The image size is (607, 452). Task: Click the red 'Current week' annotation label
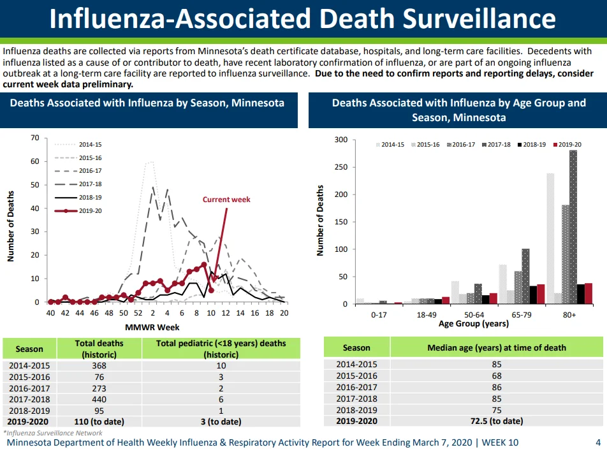(226, 200)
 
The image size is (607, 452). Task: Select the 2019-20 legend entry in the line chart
(78, 211)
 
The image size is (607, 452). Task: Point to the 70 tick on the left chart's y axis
(35, 138)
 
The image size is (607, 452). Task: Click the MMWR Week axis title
(152, 328)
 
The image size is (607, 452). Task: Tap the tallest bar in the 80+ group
(573, 227)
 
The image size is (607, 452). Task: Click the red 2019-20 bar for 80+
(589, 294)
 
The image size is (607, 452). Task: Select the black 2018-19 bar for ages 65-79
(533, 295)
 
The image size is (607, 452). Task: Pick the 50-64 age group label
(474, 315)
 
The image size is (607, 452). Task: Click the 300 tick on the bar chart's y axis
(341, 140)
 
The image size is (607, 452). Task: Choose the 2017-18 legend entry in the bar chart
(496, 144)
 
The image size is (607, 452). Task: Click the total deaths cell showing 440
(99, 399)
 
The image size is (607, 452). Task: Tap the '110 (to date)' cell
(99, 422)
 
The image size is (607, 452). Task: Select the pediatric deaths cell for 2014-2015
(221, 366)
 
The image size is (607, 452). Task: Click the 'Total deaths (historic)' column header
(99, 349)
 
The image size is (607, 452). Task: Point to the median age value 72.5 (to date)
(497, 421)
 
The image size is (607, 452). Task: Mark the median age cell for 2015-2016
(497, 375)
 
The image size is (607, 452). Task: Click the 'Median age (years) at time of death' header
(497, 347)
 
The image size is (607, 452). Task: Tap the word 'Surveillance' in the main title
(479, 18)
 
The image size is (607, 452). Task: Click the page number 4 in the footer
(598, 442)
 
